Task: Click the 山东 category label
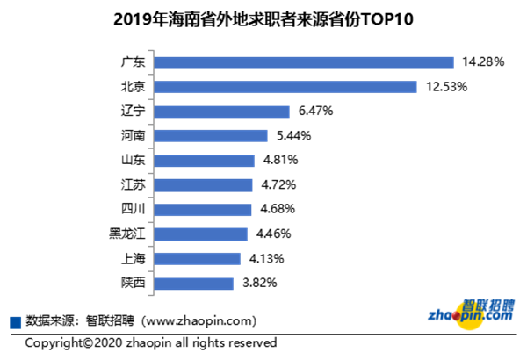point(133,161)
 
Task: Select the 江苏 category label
point(133,185)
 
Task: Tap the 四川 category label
point(133,209)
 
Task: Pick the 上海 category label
point(133,258)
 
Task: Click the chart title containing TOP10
point(263,18)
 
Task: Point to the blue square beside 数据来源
point(14,320)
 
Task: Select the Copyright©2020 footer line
point(151,342)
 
